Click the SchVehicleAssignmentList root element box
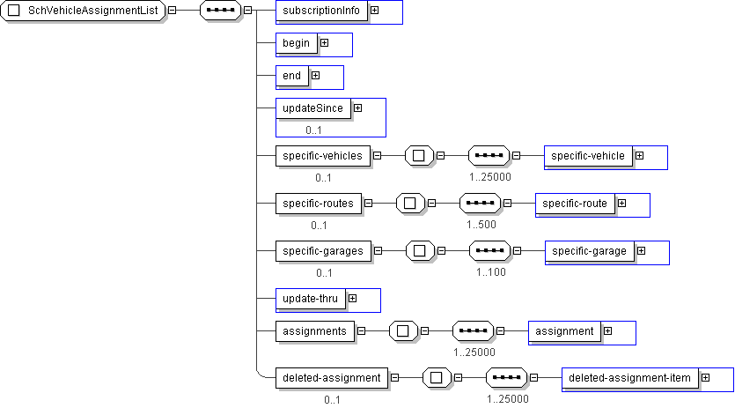click(85, 11)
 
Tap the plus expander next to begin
click(324, 42)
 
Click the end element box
click(291, 76)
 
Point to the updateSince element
click(312, 108)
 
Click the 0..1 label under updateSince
click(314, 130)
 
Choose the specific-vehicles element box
click(323, 156)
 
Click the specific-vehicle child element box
click(588, 156)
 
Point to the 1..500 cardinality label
click(481, 224)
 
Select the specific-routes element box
click(319, 204)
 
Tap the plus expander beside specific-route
click(621, 204)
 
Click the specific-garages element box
click(323, 251)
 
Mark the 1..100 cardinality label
click(491, 271)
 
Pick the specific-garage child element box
click(589, 251)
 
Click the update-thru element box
click(309, 299)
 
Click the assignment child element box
click(564, 331)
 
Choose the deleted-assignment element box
click(331, 378)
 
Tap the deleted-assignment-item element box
click(628, 378)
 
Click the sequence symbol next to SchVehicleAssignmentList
click(220, 11)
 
